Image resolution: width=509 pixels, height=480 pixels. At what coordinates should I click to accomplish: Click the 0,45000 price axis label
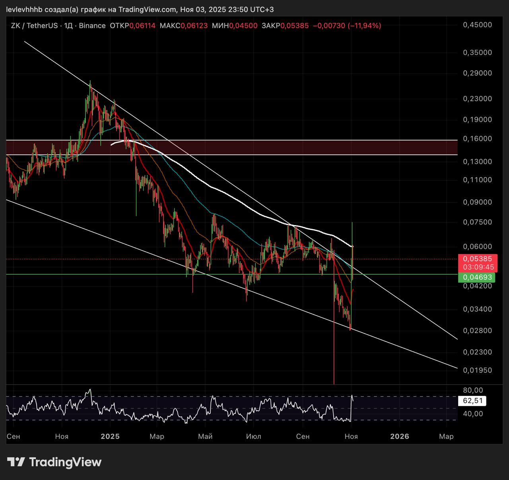pyautogui.click(x=477, y=25)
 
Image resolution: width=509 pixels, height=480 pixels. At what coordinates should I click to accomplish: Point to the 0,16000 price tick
pyautogui.click(x=477, y=139)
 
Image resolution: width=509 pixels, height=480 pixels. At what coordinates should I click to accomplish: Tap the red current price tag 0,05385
pyautogui.click(x=477, y=259)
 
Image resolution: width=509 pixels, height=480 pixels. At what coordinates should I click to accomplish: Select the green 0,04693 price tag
pyautogui.click(x=477, y=277)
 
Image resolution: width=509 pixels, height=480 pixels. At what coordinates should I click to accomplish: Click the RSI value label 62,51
pyautogui.click(x=473, y=401)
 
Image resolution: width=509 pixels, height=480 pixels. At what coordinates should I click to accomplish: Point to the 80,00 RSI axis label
pyautogui.click(x=473, y=390)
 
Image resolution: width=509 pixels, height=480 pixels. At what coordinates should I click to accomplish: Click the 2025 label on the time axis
pyautogui.click(x=110, y=436)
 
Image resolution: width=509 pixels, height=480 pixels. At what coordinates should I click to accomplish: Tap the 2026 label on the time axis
pyautogui.click(x=400, y=436)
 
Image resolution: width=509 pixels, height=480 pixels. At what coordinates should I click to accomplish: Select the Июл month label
pyautogui.click(x=254, y=436)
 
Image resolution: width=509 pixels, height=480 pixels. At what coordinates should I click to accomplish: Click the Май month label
pyautogui.click(x=205, y=436)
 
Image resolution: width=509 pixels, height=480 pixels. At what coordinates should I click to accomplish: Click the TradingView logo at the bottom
pyautogui.click(x=54, y=462)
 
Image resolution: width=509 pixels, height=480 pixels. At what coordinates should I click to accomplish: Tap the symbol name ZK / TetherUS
pyautogui.click(x=35, y=26)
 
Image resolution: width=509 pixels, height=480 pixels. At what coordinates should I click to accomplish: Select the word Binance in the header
pyautogui.click(x=92, y=26)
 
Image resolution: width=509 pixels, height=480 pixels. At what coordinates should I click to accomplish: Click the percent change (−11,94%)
pyautogui.click(x=364, y=26)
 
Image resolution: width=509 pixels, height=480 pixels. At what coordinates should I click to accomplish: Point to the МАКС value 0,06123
pyautogui.click(x=194, y=26)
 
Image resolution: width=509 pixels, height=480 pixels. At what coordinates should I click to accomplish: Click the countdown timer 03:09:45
pyautogui.click(x=477, y=267)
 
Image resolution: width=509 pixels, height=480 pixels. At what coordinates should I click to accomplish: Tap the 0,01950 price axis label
pyautogui.click(x=477, y=370)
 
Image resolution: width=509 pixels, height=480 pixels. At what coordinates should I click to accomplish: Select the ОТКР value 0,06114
pyautogui.click(x=142, y=26)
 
